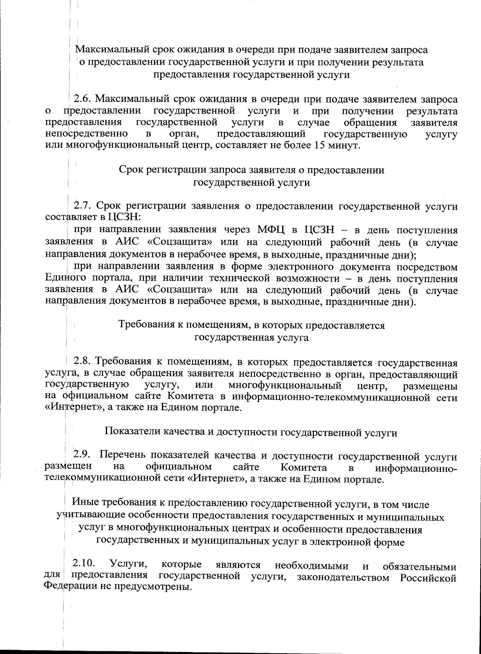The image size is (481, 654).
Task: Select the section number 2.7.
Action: [x=83, y=206]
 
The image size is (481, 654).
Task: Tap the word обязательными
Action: [x=419, y=567]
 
